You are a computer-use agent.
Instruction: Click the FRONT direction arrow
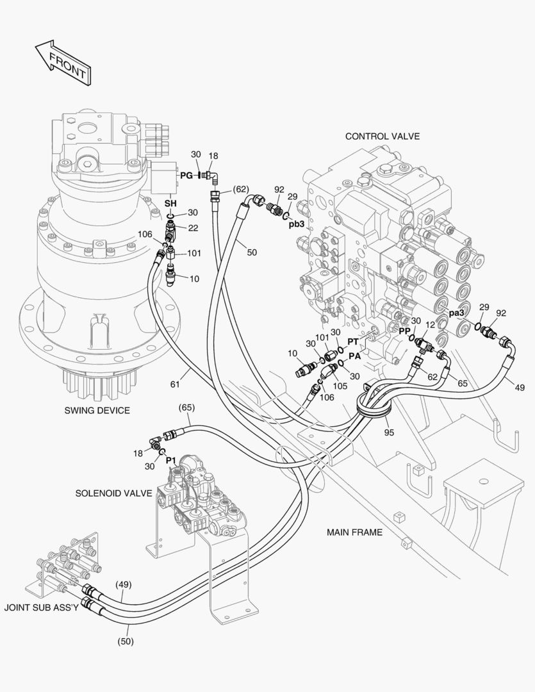pos(63,62)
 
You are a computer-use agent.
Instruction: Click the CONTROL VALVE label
pos(382,136)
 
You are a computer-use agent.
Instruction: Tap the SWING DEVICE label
pos(97,410)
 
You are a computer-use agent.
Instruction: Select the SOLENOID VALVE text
pos(113,493)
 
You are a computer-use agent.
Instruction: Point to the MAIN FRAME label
pos(354,532)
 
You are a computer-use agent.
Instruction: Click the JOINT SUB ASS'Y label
pos(41,606)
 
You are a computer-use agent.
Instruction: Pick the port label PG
pos(186,175)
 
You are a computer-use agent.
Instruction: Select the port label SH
pos(170,203)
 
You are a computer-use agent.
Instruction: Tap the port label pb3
pos(296,224)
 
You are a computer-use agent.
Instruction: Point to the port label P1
pos(170,460)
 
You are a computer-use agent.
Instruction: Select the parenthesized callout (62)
pos(240,189)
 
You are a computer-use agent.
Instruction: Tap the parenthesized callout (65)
pos(186,407)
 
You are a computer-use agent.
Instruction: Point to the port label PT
pos(353,342)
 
